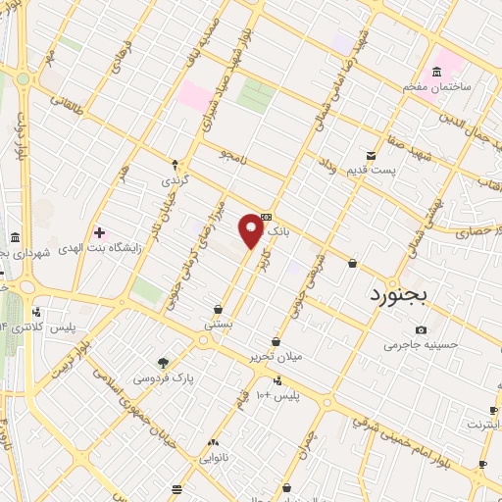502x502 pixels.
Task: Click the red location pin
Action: point(252,229)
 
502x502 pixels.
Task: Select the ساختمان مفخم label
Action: point(436,87)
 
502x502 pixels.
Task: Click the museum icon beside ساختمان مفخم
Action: point(436,72)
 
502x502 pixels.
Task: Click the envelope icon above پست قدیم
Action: point(371,155)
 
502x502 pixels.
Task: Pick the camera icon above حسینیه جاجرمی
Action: point(422,329)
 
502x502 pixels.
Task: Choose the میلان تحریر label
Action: point(302,357)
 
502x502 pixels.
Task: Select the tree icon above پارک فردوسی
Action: point(164,362)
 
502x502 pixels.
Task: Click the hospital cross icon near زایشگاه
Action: point(99,231)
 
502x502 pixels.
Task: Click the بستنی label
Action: point(217,323)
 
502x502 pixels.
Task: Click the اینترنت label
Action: point(481,426)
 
